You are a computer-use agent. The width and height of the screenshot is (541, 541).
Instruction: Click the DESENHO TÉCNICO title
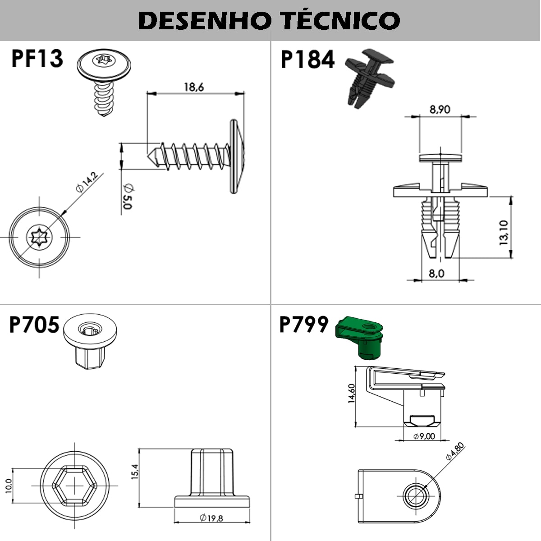click(269, 20)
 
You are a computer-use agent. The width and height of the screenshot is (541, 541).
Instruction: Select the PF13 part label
click(37, 59)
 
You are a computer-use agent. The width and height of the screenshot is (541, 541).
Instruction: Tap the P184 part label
click(307, 60)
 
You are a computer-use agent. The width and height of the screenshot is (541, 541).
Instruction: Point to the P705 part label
click(34, 325)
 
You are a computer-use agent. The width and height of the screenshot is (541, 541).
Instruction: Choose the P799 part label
click(304, 325)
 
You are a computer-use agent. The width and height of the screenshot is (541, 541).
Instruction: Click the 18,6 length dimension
click(194, 87)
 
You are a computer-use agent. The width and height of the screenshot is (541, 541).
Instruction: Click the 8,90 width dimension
click(440, 110)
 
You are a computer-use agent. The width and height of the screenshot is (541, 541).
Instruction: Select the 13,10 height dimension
click(504, 233)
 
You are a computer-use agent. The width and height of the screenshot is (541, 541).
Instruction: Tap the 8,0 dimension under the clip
click(436, 274)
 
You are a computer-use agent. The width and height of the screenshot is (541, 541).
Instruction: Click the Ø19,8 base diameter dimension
click(211, 518)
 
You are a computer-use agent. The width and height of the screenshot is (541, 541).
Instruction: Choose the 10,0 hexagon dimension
click(9, 486)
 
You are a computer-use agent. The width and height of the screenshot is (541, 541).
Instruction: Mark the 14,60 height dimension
click(352, 393)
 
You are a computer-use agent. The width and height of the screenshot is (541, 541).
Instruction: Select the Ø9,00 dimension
click(424, 436)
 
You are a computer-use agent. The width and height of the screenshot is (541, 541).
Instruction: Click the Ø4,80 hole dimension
click(454, 452)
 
